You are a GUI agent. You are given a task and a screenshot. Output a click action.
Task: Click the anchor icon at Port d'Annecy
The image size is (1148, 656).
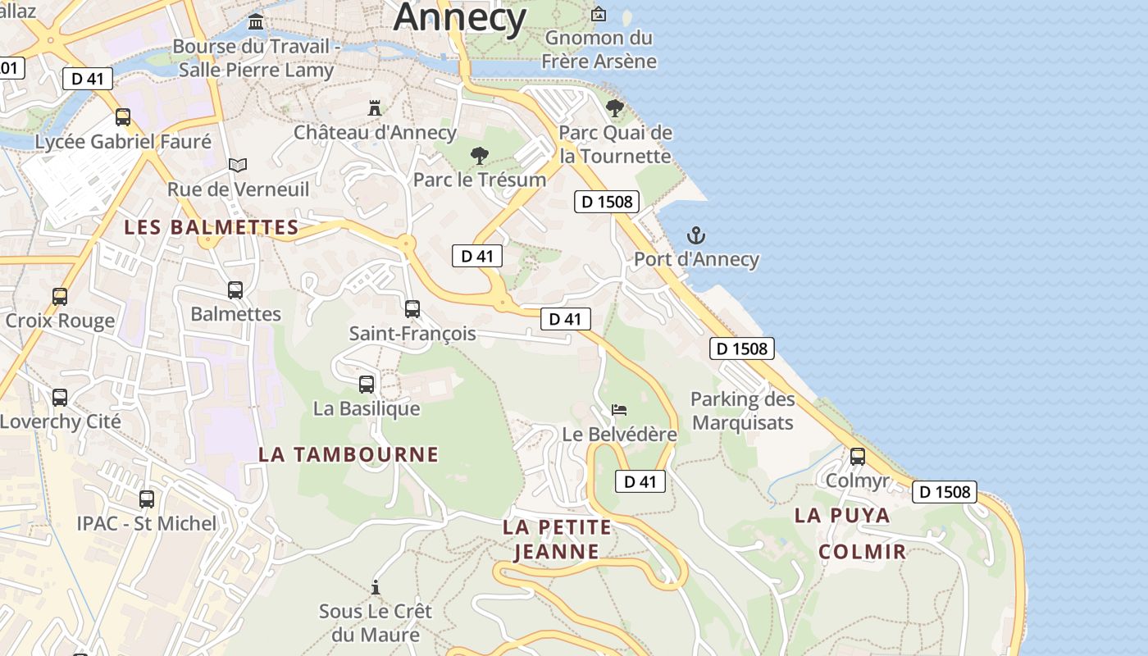point(695,236)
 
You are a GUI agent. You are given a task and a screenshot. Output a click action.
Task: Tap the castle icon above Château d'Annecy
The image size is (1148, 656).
point(375,107)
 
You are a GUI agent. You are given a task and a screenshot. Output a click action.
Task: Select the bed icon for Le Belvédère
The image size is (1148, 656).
point(620,409)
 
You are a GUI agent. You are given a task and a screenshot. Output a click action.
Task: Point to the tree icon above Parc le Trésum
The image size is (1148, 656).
point(480,155)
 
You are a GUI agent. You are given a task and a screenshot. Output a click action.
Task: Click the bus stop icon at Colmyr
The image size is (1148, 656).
point(858,457)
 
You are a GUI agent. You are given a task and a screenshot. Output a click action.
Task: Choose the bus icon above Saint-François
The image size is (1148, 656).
point(412,309)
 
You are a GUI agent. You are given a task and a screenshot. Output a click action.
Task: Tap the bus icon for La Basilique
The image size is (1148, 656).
point(367,384)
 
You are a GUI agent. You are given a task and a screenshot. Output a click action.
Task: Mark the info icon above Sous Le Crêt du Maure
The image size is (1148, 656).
point(376,587)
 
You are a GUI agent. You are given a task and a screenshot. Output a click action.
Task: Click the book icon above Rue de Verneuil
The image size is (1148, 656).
point(238,165)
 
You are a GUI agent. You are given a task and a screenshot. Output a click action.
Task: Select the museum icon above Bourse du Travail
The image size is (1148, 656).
point(256,20)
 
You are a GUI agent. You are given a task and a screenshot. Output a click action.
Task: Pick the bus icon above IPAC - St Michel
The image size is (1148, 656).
point(147,499)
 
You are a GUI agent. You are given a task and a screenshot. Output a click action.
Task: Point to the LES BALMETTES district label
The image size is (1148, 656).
point(211,227)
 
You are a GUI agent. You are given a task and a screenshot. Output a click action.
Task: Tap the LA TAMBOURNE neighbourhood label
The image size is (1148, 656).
point(348,454)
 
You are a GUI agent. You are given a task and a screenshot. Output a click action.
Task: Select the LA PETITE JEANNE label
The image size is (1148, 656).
point(558,539)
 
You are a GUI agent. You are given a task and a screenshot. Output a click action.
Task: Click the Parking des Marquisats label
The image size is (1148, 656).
point(743,411)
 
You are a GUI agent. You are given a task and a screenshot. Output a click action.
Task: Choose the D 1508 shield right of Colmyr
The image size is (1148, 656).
point(945,492)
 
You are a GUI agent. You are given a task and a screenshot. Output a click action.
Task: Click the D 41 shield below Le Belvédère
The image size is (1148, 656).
point(640,481)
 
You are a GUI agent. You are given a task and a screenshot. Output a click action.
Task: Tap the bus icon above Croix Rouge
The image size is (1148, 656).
point(60,296)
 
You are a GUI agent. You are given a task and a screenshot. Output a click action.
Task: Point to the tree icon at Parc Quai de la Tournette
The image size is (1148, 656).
point(614,107)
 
